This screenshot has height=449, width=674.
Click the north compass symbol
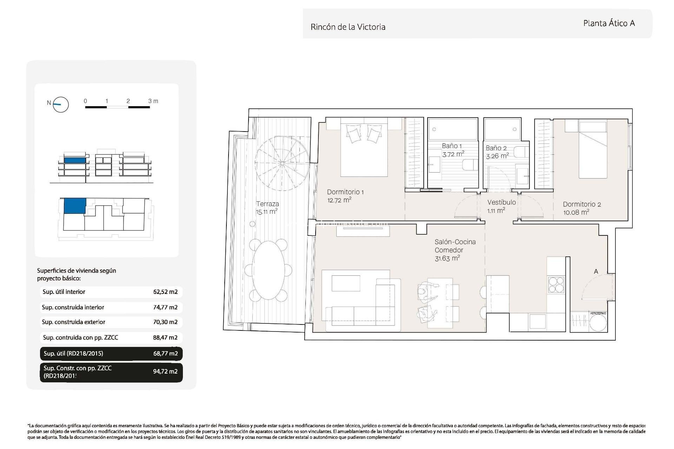click(x=60, y=105)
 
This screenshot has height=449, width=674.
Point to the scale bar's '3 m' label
click(x=153, y=101)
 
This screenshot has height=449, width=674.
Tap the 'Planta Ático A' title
click(x=609, y=23)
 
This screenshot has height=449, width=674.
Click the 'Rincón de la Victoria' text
click(x=348, y=27)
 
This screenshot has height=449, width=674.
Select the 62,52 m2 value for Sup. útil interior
click(x=165, y=292)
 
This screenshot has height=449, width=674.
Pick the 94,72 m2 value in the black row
click(x=165, y=371)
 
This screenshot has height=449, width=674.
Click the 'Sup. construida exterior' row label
click(x=73, y=322)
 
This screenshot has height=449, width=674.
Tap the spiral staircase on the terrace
click(x=282, y=163)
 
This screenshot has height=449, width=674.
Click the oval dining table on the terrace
click(x=269, y=270)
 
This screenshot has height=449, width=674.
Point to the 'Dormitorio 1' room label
click(x=345, y=192)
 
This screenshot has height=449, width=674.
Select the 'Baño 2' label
click(x=496, y=148)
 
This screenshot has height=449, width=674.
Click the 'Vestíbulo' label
click(x=501, y=202)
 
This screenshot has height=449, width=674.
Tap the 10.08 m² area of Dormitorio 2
click(x=576, y=213)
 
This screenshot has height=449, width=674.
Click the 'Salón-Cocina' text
click(x=455, y=242)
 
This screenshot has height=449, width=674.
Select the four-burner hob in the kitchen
click(x=556, y=284)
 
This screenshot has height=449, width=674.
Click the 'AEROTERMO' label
click(x=598, y=313)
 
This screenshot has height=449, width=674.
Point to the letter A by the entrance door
click(x=596, y=272)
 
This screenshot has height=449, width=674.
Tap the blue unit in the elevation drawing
click(x=75, y=160)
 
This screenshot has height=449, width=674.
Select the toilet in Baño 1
click(x=470, y=165)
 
